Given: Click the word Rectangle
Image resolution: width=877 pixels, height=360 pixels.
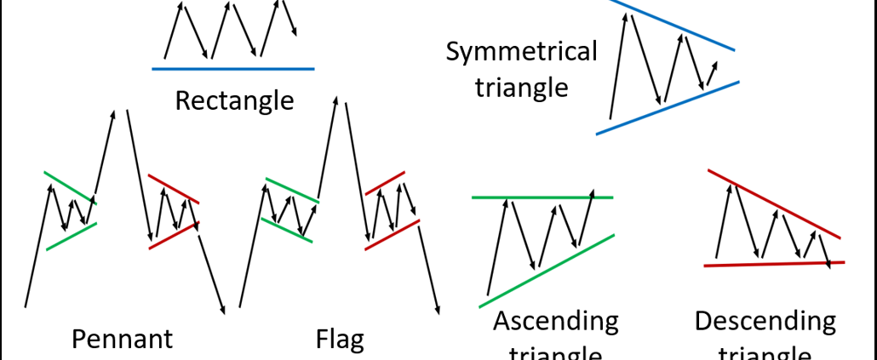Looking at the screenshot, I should tap(234, 100).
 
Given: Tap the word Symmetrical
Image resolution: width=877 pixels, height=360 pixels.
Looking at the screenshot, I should tap(521, 52).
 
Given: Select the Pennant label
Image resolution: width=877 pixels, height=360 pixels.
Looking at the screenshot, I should tap(123, 339).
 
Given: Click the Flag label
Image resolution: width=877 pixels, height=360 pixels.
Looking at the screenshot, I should tap(340, 340).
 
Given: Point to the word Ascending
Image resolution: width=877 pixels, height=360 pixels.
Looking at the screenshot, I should tap(555, 322).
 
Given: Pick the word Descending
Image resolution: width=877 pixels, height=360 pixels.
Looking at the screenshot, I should tap(765, 321).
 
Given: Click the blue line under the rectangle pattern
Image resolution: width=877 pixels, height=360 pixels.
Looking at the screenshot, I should tap(233, 68).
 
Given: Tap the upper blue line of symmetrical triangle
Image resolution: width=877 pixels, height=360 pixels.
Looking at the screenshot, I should tap(673, 26).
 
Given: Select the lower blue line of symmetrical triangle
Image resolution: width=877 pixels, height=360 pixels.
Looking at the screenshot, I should tap(668, 107).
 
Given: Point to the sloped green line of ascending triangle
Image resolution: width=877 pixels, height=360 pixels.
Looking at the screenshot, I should tap(545, 270).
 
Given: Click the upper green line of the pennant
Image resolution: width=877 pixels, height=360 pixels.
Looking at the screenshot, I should tap(71, 187).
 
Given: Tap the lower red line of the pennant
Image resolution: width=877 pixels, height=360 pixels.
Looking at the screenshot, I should tap(174, 235).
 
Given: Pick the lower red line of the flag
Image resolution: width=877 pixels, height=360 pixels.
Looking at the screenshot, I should tap(392, 234).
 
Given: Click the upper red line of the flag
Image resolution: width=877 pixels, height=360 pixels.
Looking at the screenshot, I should tap(385, 182).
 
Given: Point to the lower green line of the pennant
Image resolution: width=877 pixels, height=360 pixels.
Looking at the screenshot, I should tap(72, 236).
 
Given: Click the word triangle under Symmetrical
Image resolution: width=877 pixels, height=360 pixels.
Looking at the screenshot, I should tap(521, 87).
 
